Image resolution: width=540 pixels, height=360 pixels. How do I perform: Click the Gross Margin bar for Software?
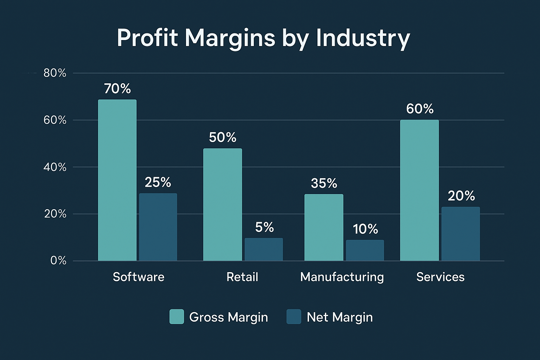pos(117,180)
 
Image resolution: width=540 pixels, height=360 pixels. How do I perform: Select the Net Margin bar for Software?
pos(158,227)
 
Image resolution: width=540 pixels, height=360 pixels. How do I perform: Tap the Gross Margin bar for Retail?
pos(223,205)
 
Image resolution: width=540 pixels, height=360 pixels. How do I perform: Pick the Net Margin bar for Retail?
pos(264,250)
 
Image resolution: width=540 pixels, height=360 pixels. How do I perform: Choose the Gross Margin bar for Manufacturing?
pos(324,227)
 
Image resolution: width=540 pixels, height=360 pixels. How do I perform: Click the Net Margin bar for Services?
pos(461,234)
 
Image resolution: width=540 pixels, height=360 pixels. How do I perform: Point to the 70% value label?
pos(117,89)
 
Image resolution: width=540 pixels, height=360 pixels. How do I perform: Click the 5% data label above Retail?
pos(264,227)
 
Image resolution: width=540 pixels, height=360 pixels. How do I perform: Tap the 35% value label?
pos(324,183)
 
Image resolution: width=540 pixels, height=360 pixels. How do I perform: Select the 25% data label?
pos(158,182)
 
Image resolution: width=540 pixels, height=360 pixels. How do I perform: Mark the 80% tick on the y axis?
pos(55,73)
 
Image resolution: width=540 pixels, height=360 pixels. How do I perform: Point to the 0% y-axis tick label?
pos(58,261)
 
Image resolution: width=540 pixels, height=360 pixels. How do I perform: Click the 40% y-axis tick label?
pos(55,167)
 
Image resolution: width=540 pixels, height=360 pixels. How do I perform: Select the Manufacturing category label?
pos(342,277)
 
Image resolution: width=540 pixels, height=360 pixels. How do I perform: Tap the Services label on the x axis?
pos(440,277)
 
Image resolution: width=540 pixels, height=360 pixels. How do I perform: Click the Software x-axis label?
pos(139,277)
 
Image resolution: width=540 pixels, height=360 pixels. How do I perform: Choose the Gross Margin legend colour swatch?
pos(176,316)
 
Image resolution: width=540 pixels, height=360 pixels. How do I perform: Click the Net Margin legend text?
pos(340,317)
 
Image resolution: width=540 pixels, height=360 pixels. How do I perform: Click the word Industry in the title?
pos(363,38)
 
